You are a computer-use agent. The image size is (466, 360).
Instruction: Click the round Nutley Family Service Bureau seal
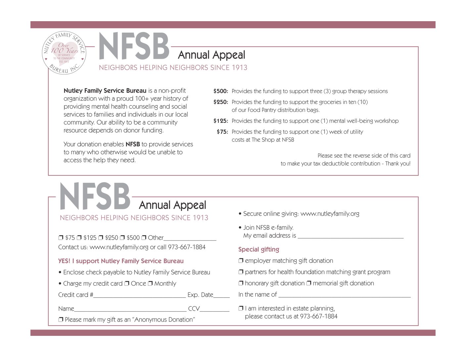click(x=64, y=53)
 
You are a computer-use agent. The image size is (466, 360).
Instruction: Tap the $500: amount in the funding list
click(x=220, y=91)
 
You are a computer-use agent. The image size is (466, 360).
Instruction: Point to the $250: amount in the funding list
click(x=220, y=102)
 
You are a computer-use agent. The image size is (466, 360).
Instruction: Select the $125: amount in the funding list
click(x=220, y=121)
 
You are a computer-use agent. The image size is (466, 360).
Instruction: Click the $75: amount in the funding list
click(x=222, y=132)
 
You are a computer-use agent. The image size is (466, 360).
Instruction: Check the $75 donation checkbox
click(x=61, y=238)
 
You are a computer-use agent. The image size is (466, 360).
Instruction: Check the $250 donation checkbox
click(x=101, y=238)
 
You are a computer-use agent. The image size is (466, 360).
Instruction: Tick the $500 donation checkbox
click(x=122, y=238)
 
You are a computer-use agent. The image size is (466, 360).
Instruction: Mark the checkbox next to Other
click(x=144, y=238)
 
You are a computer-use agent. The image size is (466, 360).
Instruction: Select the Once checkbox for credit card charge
click(x=126, y=284)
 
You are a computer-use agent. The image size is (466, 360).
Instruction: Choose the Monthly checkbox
click(x=150, y=284)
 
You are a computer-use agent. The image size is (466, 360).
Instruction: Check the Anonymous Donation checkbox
click(x=61, y=320)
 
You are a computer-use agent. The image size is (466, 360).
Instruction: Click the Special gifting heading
click(x=258, y=249)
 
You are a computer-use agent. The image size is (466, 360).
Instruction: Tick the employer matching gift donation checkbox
click(x=241, y=261)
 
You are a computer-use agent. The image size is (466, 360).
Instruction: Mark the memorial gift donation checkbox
click(x=308, y=283)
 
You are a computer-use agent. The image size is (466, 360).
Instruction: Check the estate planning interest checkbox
click(x=241, y=308)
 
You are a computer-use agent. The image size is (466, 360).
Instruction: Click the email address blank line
click(x=350, y=236)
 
